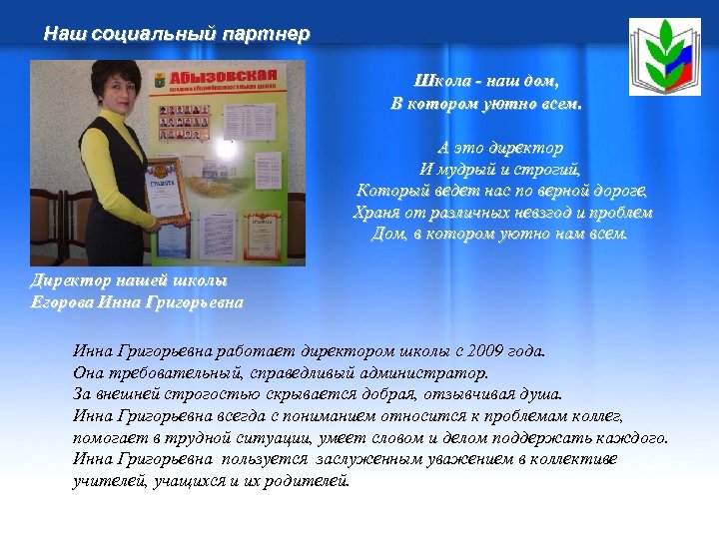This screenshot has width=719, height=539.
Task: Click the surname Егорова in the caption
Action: point(63,301)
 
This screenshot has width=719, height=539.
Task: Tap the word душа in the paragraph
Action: point(540,394)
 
